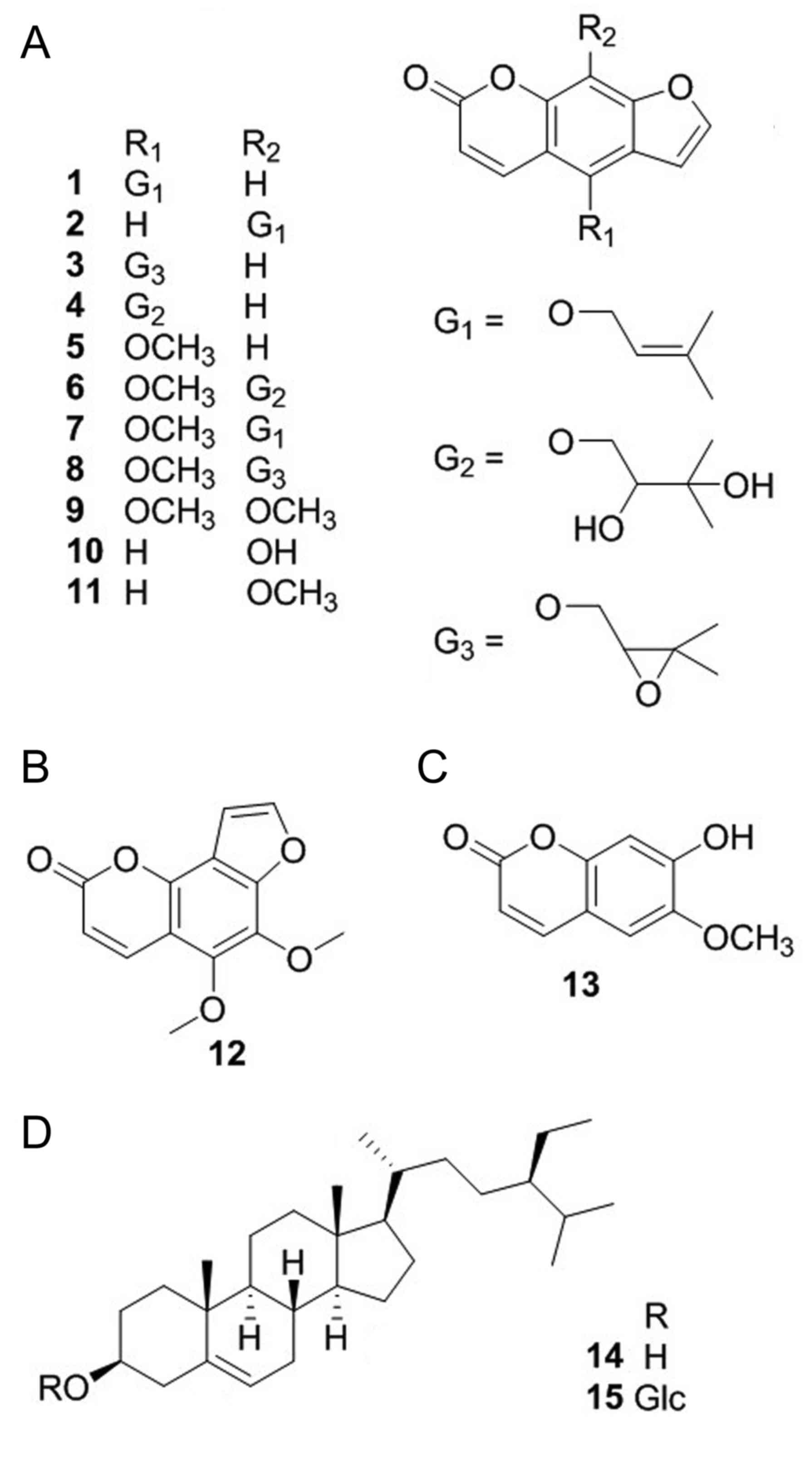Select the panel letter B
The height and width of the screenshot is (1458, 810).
[x=35, y=768]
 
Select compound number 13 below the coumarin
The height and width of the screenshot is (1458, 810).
[x=581, y=984]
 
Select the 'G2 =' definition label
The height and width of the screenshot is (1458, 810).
[x=468, y=460]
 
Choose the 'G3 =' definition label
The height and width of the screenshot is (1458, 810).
[x=468, y=644]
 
